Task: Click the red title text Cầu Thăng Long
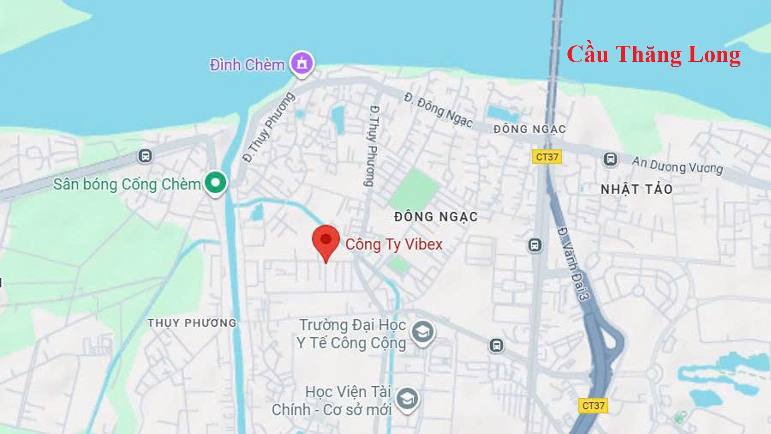pos(653,55)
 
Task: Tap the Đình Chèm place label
pos(247,65)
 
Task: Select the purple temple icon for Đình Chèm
pos(302,63)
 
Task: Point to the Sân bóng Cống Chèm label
pos(127,184)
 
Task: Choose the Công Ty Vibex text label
pos(394,244)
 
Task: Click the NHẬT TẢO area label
pos(636,189)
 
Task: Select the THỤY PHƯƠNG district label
pos(192,323)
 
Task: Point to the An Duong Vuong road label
pos(677,165)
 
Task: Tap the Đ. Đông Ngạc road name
pos(439,110)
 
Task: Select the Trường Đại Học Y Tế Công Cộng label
pos(352,334)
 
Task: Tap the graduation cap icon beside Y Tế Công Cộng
pos(422,332)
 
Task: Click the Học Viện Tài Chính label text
pos(332,401)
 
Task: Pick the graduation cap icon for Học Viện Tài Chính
pos(408,399)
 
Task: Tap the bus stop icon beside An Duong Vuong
pos(610,159)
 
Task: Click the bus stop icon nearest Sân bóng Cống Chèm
pos(145,156)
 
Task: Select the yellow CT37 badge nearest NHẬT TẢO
pos(547,157)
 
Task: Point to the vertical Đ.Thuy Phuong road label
pos(373,146)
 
